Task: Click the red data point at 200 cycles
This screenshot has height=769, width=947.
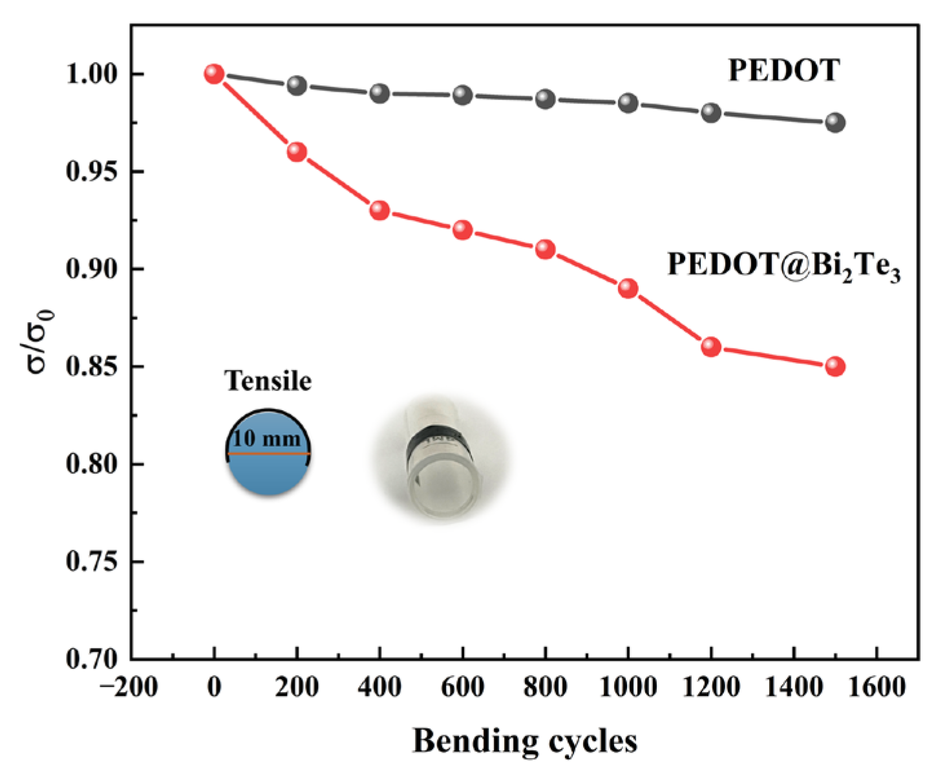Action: coord(297,152)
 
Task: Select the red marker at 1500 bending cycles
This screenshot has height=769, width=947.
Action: coord(835,367)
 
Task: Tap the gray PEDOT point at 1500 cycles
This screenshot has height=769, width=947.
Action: coord(835,122)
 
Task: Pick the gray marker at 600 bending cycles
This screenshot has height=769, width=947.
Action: coord(462,95)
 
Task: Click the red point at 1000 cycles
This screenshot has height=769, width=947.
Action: coord(628,288)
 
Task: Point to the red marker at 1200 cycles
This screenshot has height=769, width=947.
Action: coord(711,347)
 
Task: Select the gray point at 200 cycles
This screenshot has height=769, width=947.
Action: coord(297,85)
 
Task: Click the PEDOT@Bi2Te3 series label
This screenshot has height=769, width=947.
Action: coord(783,266)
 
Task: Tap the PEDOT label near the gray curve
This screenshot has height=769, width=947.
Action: coord(783,70)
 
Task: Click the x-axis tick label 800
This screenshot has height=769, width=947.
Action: coord(545,687)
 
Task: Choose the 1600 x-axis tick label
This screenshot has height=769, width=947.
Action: coord(877,687)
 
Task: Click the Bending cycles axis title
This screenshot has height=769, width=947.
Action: coord(524,741)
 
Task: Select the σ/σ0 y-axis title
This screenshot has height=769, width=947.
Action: coord(40,341)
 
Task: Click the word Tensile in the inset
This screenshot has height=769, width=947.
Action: coord(268,381)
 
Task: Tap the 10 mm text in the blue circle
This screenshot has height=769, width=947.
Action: coord(266,439)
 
